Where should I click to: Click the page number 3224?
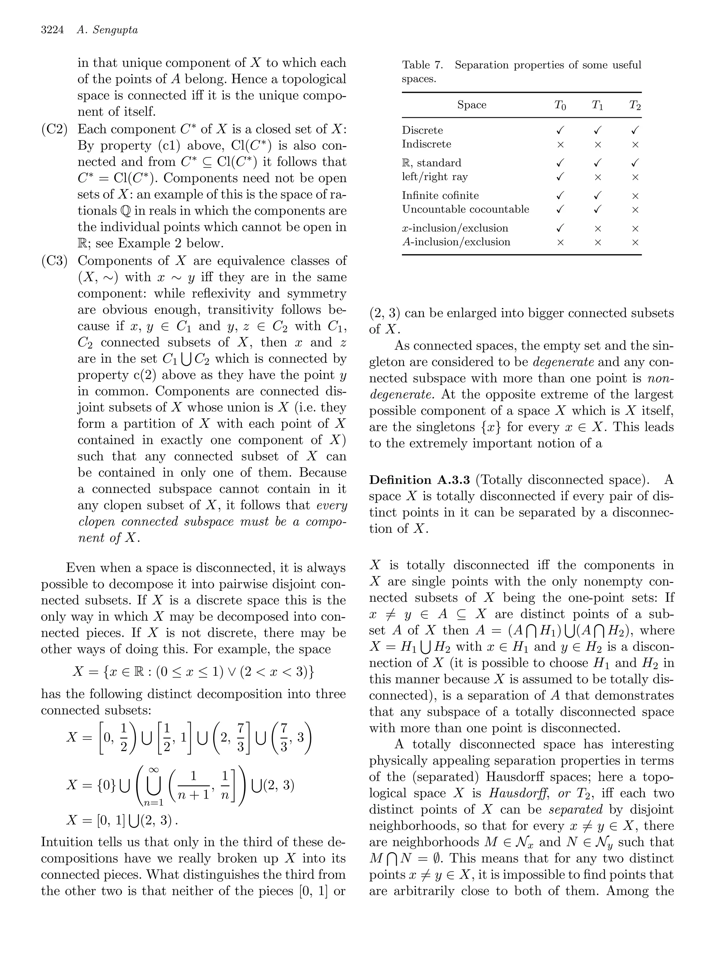point(53,30)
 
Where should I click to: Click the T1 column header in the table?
point(598,105)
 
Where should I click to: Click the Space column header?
point(472,105)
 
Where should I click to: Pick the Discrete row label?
point(422,130)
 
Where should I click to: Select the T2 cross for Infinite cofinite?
point(635,196)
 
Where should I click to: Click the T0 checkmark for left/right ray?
point(560,177)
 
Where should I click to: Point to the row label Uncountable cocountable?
point(465,209)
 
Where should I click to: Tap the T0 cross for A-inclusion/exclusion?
point(560,243)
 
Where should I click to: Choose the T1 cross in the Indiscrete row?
point(598,145)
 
